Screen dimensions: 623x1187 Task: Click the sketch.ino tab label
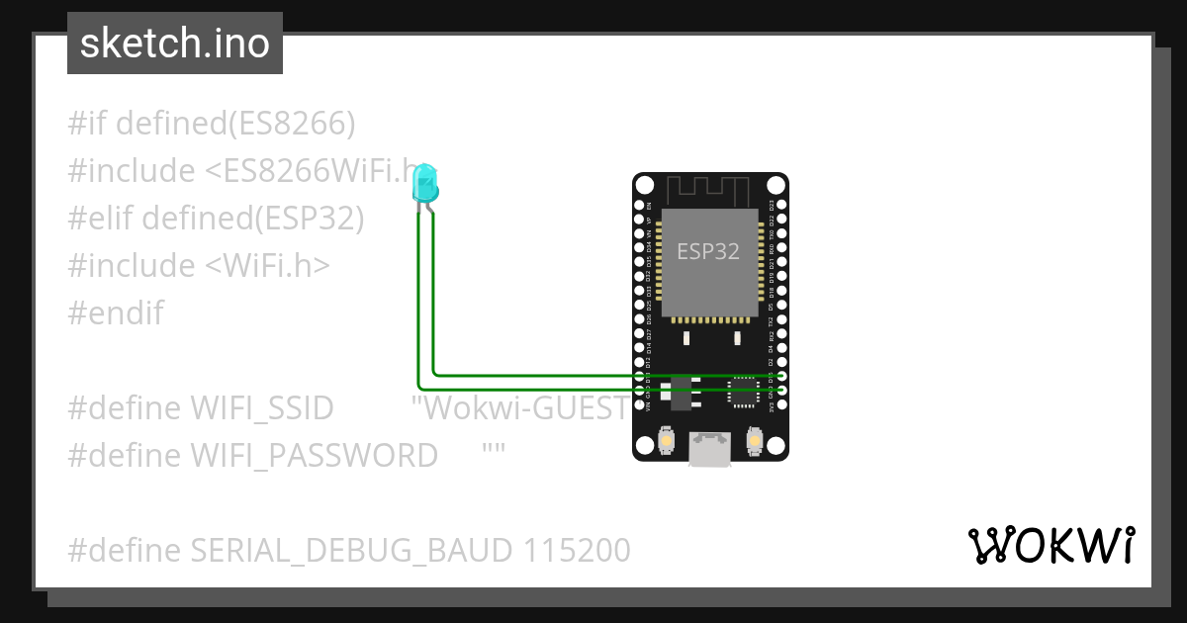pos(175,44)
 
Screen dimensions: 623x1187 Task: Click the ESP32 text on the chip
pos(708,251)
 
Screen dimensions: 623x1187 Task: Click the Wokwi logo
pos(1050,546)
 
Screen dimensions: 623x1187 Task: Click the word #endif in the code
pos(116,313)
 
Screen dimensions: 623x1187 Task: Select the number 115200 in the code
pos(572,551)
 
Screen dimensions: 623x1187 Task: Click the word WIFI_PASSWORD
pos(315,456)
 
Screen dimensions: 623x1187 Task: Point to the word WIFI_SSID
pos(262,408)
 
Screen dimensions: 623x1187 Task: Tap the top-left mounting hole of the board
pos(645,185)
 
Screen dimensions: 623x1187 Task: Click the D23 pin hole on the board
pos(781,205)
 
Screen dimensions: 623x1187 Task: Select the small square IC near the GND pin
pos(742,393)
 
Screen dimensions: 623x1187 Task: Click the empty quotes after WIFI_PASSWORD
pos(495,452)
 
